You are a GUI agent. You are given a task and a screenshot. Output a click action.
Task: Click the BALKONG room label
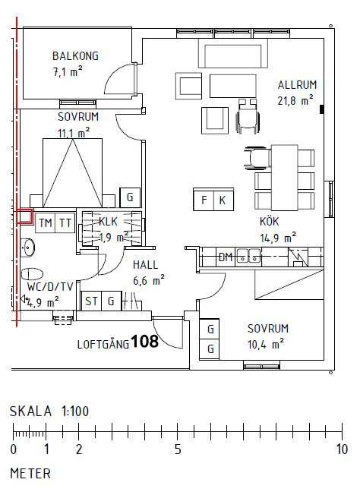point(75,56)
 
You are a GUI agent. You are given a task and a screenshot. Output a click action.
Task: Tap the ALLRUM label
point(297,85)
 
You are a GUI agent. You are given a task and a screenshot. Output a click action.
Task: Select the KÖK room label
point(270,222)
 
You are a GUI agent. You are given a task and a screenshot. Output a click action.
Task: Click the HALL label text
point(145,265)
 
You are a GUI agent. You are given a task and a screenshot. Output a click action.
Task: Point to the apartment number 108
point(145,341)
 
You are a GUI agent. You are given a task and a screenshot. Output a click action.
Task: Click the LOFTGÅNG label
point(103,344)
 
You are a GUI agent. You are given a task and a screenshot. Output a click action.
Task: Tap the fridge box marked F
point(204,200)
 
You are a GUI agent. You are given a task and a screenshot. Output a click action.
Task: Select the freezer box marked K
point(223,200)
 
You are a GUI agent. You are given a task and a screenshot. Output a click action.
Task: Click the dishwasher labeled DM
point(226,257)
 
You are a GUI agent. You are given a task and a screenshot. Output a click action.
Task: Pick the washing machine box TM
point(46,223)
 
